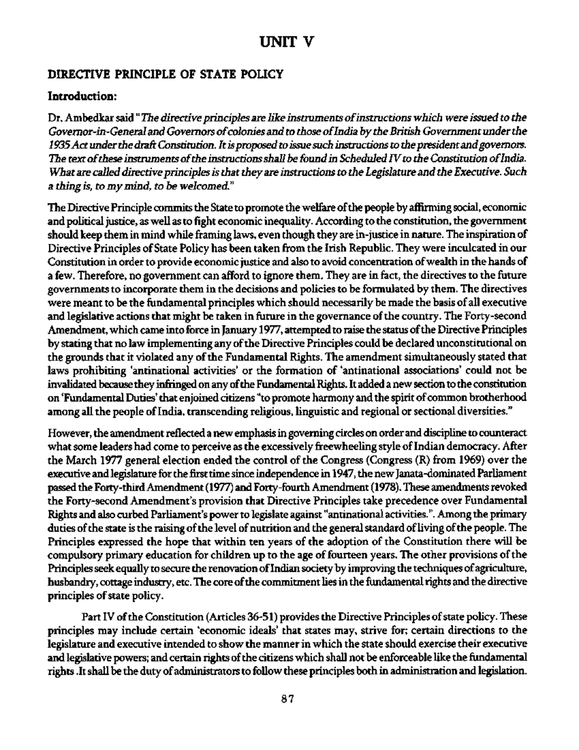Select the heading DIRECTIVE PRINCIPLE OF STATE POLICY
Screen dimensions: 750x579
tap(164, 74)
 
